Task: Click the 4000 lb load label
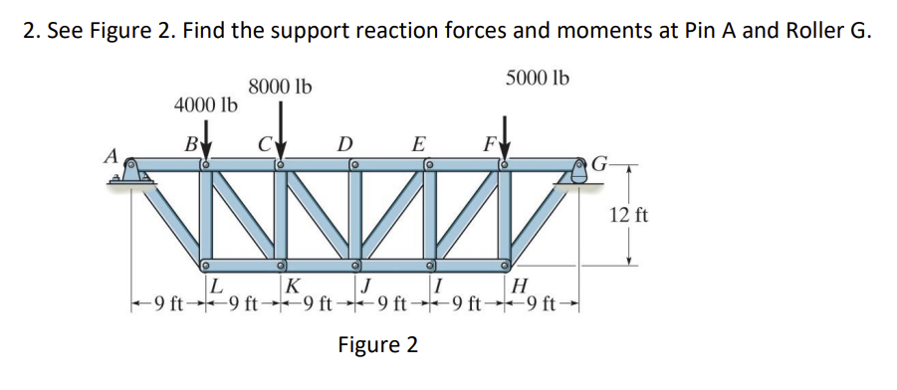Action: [205, 103]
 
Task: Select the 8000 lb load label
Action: [281, 88]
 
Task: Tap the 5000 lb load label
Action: [538, 78]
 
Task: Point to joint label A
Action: [112, 155]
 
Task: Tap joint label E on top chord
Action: [420, 141]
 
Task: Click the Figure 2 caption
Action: [377, 345]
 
